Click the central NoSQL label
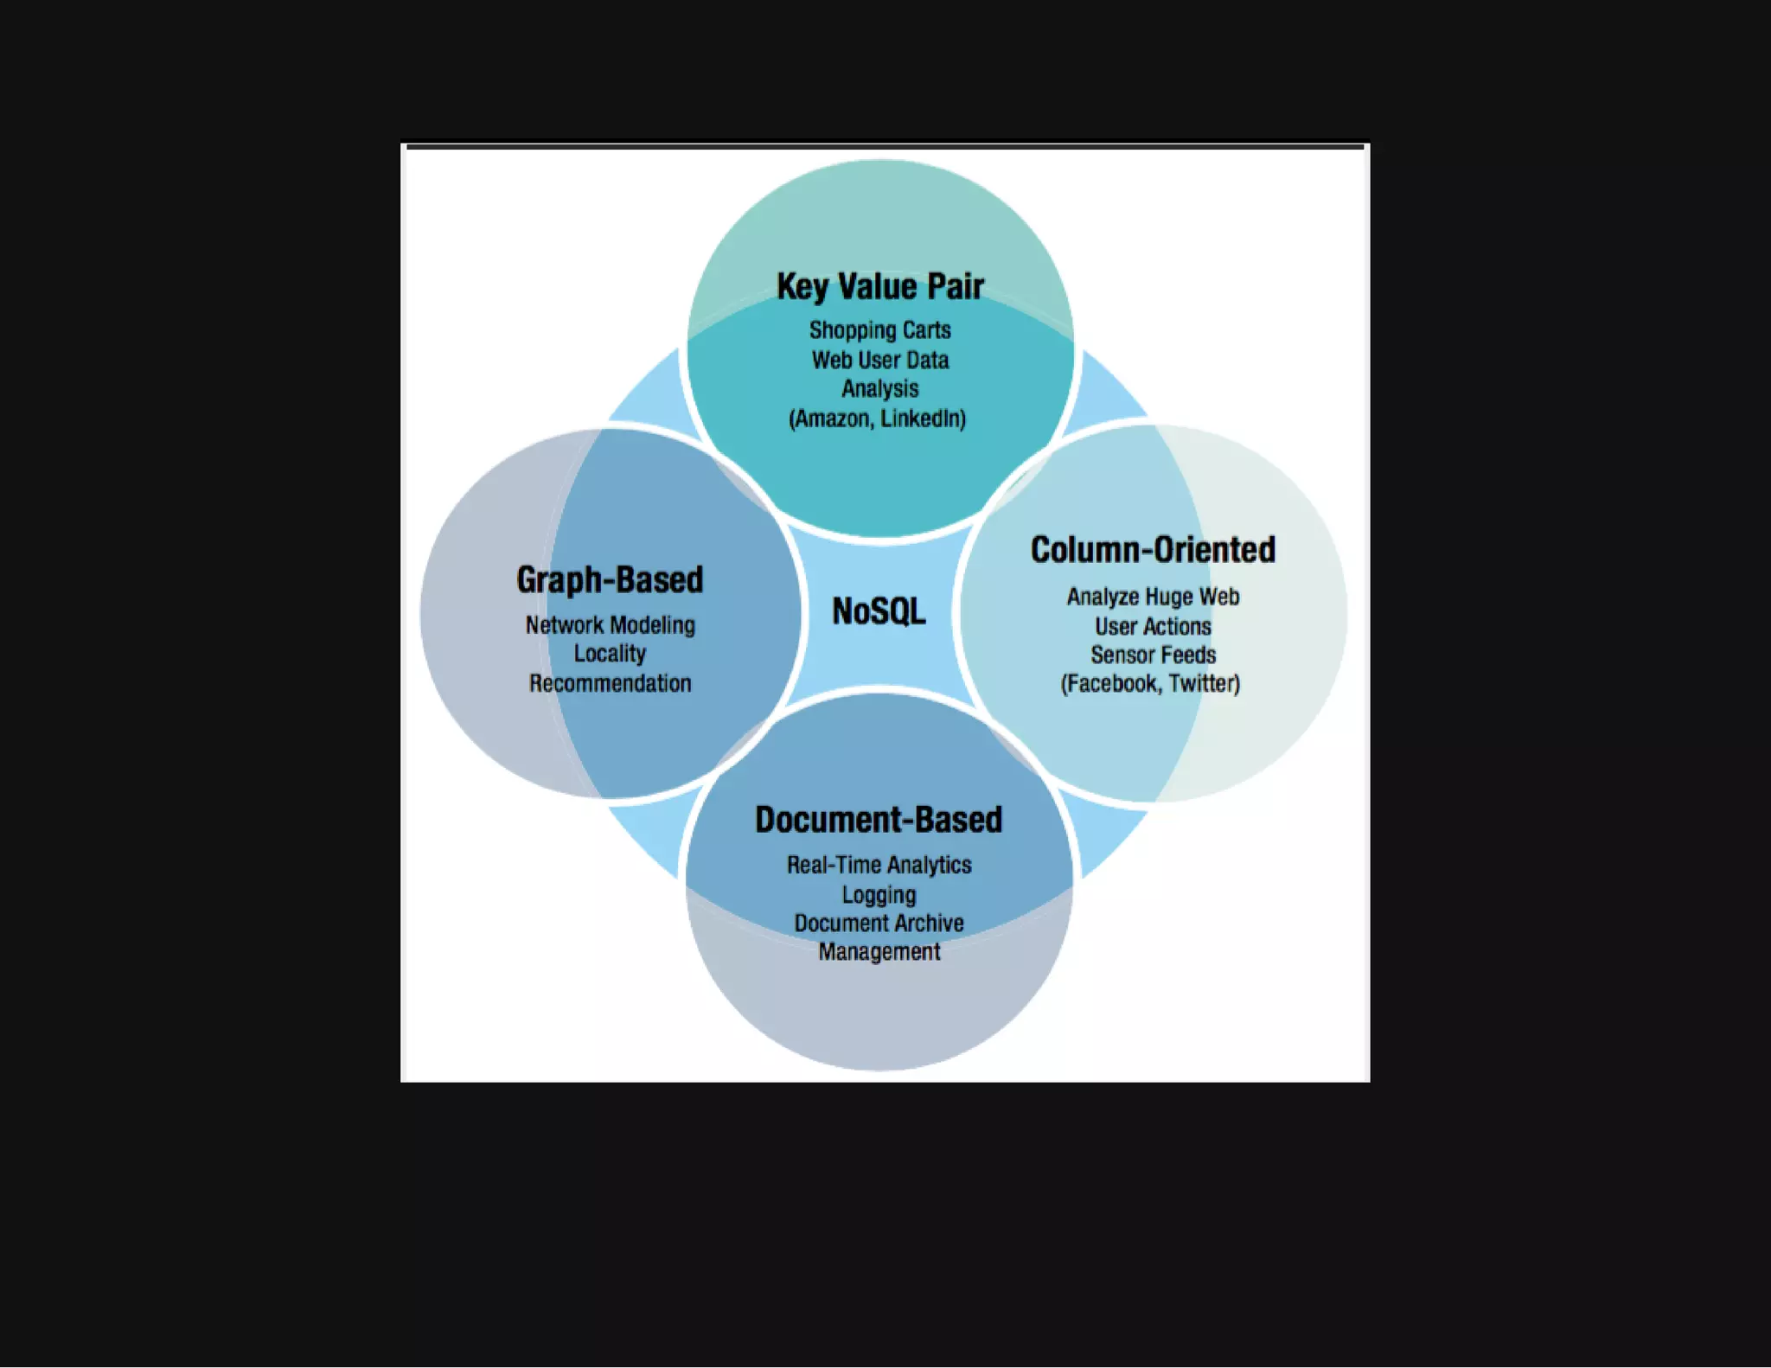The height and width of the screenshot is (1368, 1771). point(879,611)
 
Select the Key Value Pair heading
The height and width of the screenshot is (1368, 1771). point(880,286)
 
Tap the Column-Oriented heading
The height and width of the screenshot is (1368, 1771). point(1153,550)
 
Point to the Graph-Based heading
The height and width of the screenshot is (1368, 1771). point(610,579)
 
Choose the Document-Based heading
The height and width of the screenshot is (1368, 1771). point(879,820)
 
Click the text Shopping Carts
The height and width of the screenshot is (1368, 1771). point(880,330)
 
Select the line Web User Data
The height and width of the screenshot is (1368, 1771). point(880,360)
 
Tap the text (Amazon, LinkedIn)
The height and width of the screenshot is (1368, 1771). point(878,419)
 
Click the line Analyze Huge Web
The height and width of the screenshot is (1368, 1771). point(1153,597)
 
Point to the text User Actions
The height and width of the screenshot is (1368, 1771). point(1153,626)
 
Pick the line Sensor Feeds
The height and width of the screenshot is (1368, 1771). point(1153,655)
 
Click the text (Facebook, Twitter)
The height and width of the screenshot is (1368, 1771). point(1150,684)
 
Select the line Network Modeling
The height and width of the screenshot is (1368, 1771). point(610,625)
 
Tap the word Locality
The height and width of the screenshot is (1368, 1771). point(610,654)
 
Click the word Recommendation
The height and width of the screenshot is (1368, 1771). point(610,683)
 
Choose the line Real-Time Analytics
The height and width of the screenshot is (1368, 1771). point(879,865)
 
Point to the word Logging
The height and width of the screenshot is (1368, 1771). point(879,894)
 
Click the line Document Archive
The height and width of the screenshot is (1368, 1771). point(879,923)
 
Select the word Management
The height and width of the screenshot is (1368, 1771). point(879,951)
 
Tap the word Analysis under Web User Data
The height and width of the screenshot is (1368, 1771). point(880,389)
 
